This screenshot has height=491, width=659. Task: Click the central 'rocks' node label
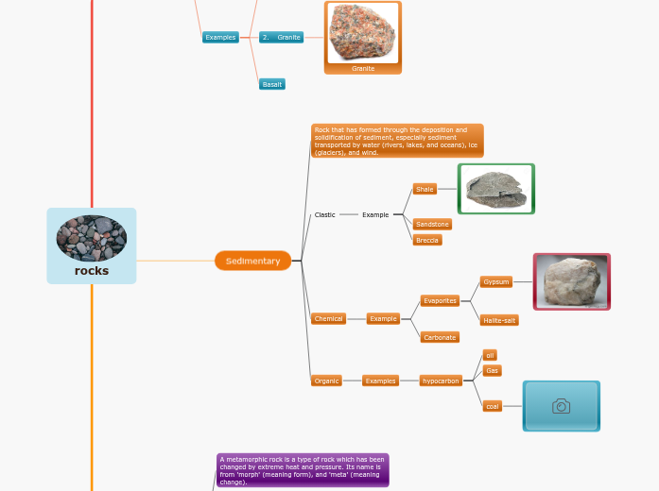[x=92, y=271]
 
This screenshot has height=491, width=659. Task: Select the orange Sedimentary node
[x=252, y=261]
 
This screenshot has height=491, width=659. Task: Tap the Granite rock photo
[x=362, y=33]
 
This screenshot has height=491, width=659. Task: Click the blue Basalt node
[x=272, y=84]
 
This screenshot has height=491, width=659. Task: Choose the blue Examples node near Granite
[x=220, y=38]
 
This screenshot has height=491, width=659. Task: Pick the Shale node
[x=425, y=189]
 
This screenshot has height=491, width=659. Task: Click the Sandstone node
[x=432, y=224]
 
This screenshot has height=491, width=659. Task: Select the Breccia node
[x=427, y=240]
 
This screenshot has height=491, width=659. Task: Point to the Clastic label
[x=324, y=214]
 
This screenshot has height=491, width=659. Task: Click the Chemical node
[x=328, y=319]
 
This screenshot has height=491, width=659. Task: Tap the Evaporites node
[x=440, y=300]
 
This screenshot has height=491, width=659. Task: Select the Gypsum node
[x=496, y=281]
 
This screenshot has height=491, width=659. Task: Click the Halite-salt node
[x=499, y=320]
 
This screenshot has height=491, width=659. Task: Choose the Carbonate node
[x=440, y=337]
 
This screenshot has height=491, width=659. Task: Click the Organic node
[x=326, y=381]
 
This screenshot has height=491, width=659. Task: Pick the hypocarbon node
[x=441, y=381]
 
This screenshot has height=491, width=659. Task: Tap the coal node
[x=492, y=406]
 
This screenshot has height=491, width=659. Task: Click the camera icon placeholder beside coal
[x=562, y=406]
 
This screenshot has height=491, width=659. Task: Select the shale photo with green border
[x=496, y=189]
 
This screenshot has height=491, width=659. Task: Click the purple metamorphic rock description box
[x=303, y=469]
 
